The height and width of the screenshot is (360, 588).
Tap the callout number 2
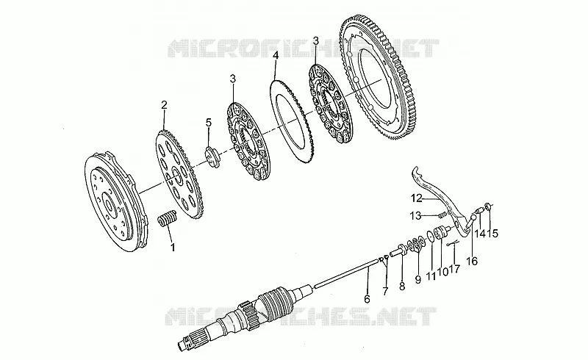click(x=164, y=105)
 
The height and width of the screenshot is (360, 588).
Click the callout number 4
click(x=276, y=57)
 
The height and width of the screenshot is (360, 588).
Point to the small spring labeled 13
click(x=442, y=215)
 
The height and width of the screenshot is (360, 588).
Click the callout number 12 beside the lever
click(x=417, y=198)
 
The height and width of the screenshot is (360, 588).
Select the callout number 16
click(x=473, y=261)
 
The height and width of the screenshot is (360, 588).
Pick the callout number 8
click(x=402, y=287)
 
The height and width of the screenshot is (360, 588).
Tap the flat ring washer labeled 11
click(x=431, y=237)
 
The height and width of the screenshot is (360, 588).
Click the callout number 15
click(x=493, y=233)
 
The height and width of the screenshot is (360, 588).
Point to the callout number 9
click(x=418, y=279)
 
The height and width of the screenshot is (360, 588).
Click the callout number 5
click(x=209, y=122)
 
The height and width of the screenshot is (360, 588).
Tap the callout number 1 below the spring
click(x=173, y=248)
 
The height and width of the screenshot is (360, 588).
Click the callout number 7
click(x=385, y=291)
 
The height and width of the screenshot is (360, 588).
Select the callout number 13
click(x=415, y=215)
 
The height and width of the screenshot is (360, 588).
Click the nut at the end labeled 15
click(x=488, y=206)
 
